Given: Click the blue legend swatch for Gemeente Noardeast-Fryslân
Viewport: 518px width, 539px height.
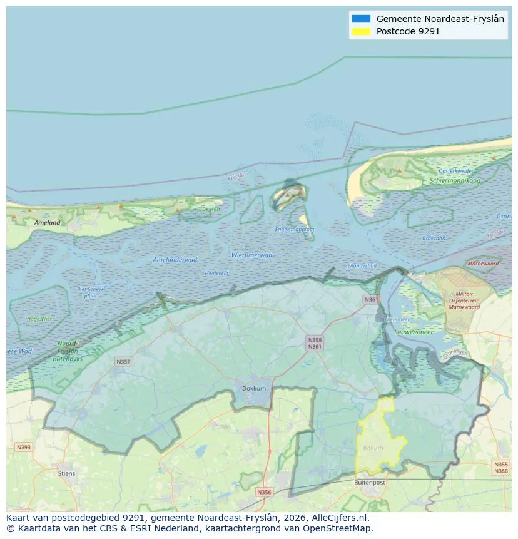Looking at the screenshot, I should (x=361, y=19).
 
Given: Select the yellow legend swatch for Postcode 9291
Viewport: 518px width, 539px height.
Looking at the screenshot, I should (x=361, y=31).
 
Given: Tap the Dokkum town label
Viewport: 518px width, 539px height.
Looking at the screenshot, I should (x=254, y=389).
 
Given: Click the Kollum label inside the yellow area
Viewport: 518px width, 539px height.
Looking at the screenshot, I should (x=373, y=448).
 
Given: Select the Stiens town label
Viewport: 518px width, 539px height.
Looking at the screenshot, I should (x=66, y=473).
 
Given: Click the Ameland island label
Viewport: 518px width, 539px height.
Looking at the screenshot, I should (x=48, y=223).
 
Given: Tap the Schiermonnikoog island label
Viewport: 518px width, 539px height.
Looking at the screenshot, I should (x=455, y=181).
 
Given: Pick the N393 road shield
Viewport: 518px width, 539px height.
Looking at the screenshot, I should (x=23, y=447).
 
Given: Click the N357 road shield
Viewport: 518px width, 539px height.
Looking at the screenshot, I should (x=123, y=362).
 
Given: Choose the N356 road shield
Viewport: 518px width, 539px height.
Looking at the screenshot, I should (x=265, y=492).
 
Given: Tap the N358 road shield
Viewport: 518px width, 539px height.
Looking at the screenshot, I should (x=315, y=339).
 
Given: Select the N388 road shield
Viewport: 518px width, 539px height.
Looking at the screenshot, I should (x=501, y=471).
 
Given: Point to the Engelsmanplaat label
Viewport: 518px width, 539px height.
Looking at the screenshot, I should (x=295, y=230).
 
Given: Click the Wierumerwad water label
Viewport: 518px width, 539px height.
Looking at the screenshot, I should (x=251, y=255).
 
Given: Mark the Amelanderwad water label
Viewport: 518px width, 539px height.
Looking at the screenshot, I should (x=175, y=259).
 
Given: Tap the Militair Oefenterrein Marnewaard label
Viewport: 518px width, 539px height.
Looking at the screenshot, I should (x=464, y=300).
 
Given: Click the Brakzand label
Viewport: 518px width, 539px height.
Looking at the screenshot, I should (x=434, y=239).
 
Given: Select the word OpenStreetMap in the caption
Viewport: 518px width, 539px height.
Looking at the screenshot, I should (x=338, y=528).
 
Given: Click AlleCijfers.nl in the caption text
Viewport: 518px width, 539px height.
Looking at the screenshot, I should (x=340, y=518).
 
